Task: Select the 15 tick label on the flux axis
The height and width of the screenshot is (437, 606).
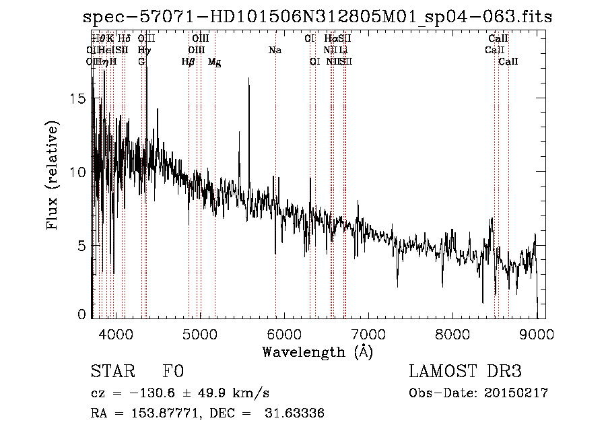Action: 79,98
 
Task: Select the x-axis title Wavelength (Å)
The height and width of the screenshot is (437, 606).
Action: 317,351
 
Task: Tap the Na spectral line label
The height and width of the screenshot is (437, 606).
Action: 275,50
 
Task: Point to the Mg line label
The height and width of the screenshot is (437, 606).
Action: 214,62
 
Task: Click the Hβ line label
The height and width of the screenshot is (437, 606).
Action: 188,61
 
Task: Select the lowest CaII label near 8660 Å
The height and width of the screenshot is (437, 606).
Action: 508,61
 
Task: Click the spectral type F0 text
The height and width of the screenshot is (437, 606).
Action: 173,371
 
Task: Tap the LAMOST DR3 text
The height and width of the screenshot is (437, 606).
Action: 465,371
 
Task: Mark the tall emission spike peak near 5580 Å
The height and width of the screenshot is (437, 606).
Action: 249,79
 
